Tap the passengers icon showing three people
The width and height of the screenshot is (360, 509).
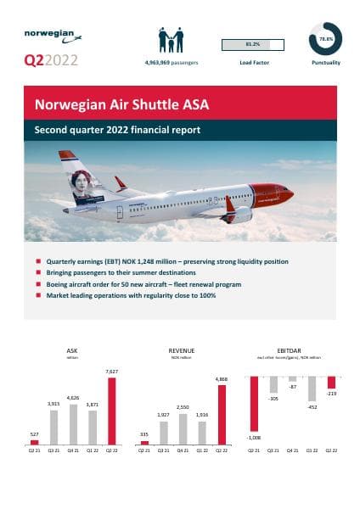pyautogui.click(x=171, y=40)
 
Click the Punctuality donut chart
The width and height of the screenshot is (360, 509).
pyautogui.click(x=325, y=39)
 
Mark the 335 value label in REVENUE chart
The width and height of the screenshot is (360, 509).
pyautogui.click(x=144, y=433)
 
